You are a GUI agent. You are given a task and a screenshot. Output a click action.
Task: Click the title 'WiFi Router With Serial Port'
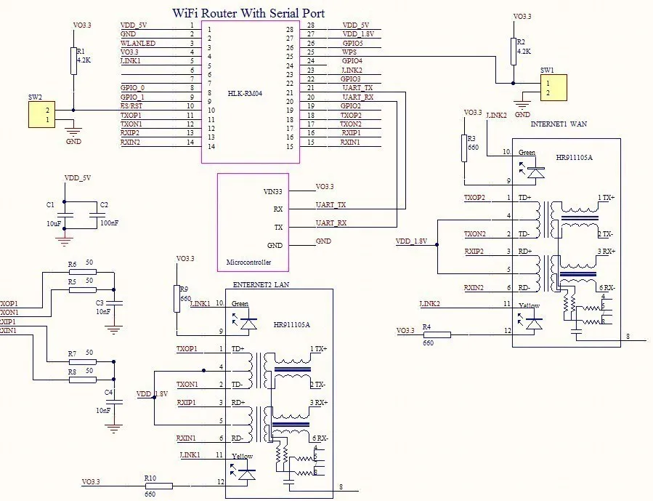point(248,13)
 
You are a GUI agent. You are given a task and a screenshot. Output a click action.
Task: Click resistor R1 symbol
point(74,61)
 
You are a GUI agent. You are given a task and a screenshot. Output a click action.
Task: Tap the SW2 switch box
point(41,115)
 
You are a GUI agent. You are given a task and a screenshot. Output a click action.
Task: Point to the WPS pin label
point(349,52)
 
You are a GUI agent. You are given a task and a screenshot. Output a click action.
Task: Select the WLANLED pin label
point(137,43)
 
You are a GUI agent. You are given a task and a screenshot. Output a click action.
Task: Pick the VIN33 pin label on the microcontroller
point(272,191)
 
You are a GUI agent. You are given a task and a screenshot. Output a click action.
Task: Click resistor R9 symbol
point(175,298)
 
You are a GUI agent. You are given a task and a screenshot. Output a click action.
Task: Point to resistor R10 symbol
point(158,485)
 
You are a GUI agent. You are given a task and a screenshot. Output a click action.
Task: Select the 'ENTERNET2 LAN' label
point(261,284)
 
